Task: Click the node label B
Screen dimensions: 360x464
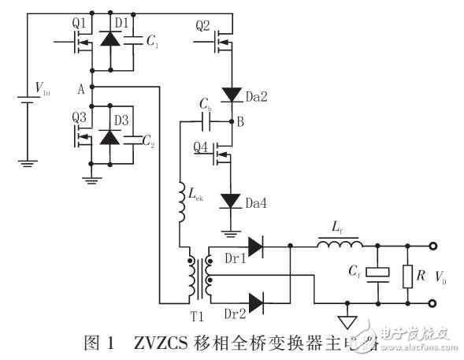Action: point(241,122)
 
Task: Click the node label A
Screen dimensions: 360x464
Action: point(80,88)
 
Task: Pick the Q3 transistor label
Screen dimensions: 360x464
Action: point(78,116)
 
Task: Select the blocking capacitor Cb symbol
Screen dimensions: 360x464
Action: point(206,122)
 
